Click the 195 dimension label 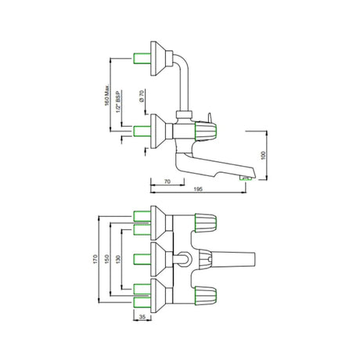[x=198, y=189]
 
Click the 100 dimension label [x=263, y=155]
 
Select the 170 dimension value [x=95, y=259]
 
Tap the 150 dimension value [x=106, y=259]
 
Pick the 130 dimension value [x=118, y=259]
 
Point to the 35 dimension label [x=142, y=317]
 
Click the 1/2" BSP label [x=118, y=102]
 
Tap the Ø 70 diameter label [x=142, y=96]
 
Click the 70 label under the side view [x=167, y=182]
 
